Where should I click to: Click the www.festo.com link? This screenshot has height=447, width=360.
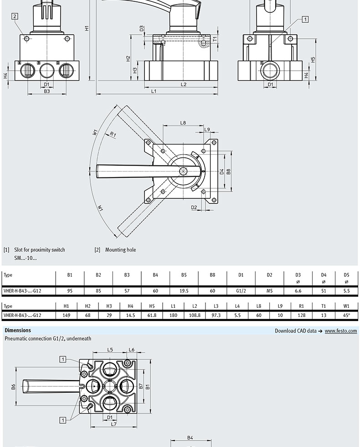click(341, 331)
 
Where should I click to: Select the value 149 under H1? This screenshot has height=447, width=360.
click(67, 315)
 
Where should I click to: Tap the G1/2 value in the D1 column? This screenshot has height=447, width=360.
click(241, 291)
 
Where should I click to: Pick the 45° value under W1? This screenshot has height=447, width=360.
click(346, 315)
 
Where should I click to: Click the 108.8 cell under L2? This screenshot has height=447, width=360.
click(195, 315)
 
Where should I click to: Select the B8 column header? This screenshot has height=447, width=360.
click(212, 275)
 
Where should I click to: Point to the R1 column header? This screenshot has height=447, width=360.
click(301, 306)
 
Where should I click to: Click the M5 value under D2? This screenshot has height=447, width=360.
click(269, 291)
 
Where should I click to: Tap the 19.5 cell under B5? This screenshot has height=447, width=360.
click(184, 291)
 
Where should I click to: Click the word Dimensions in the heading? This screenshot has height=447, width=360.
click(18, 330)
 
